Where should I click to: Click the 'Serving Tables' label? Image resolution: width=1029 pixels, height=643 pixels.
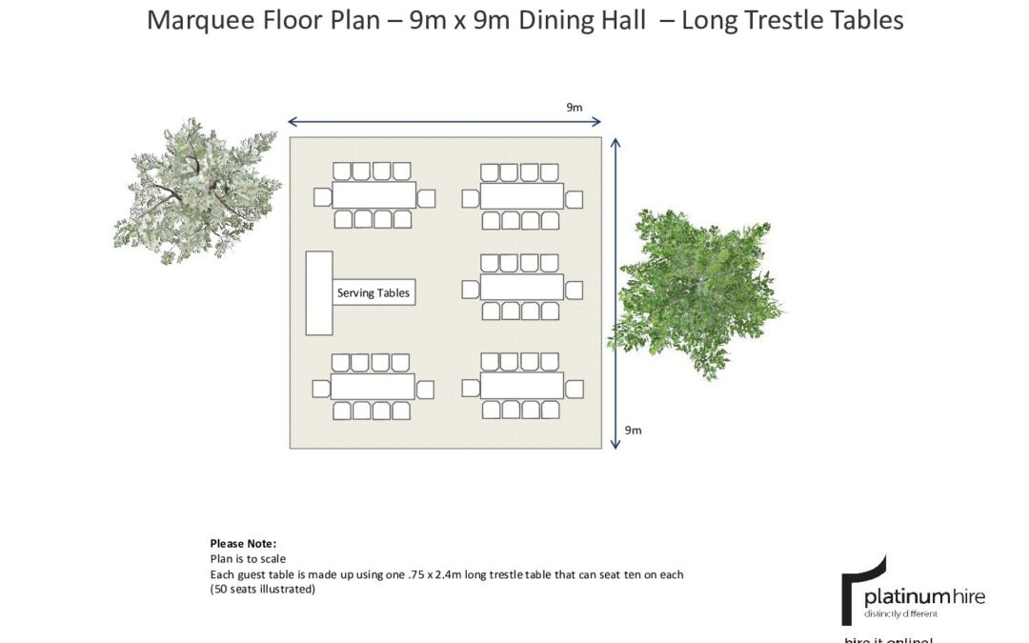point(373,292)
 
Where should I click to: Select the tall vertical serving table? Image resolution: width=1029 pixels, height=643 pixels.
point(318,292)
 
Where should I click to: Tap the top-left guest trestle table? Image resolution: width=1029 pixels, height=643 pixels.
point(373,195)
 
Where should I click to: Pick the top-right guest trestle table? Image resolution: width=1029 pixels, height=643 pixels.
point(521,196)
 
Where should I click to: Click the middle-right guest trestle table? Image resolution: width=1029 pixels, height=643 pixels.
point(521,287)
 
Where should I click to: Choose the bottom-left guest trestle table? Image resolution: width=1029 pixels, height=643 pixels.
point(373,387)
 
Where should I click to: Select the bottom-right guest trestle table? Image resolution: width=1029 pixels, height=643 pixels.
point(521,386)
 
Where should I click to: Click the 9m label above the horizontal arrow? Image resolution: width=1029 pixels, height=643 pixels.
point(574,108)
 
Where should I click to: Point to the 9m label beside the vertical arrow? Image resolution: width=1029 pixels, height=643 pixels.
point(633,431)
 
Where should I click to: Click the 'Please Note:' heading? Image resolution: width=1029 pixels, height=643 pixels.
point(243,543)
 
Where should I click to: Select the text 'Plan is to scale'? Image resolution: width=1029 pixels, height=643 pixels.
point(248,559)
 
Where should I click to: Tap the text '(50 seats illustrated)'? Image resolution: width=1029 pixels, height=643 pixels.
point(263,590)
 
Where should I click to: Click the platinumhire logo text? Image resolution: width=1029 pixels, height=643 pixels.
point(923,597)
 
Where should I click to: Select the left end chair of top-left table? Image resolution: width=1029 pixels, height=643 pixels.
point(322,197)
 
